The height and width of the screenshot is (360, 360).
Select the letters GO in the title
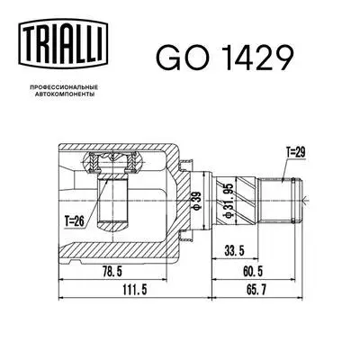pyautogui.click(x=178, y=58)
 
